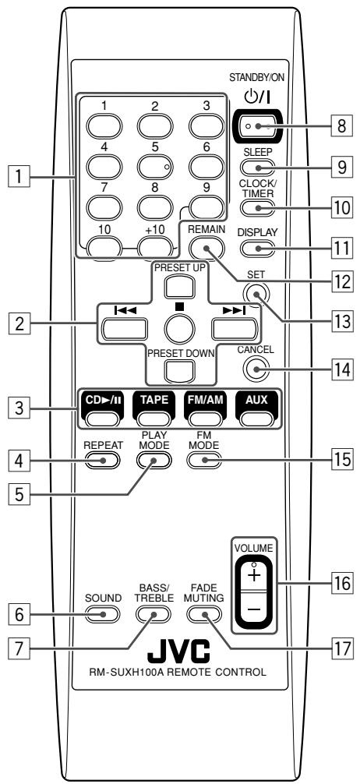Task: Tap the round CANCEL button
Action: [x=255, y=369]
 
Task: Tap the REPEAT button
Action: [x=103, y=460]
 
